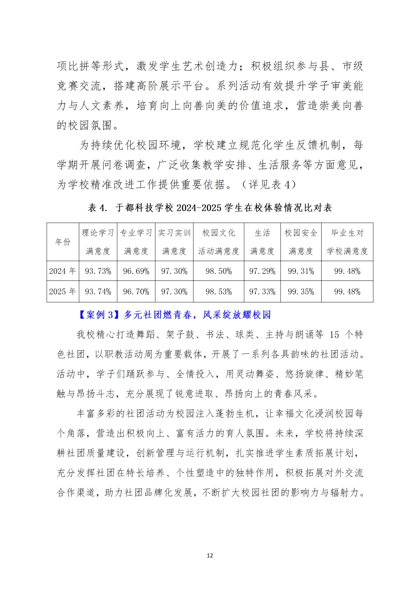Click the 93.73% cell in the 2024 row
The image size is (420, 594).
click(98, 271)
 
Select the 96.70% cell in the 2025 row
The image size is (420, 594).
click(136, 291)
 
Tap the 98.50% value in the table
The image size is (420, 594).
click(219, 271)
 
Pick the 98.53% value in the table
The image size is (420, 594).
click(219, 291)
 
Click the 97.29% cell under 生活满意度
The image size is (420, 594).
click(262, 271)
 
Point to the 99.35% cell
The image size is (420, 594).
click(301, 291)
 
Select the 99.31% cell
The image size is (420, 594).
click(301, 271)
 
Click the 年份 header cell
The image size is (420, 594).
click(63, 242)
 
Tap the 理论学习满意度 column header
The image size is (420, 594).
click(98, 242)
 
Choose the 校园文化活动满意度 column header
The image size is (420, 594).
click(219, 242)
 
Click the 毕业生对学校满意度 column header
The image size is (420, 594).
click(347, 242)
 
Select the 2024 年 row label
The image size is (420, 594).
click(63, 271)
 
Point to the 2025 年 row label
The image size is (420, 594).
click(63, 291)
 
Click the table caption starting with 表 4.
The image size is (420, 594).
click(210, 208)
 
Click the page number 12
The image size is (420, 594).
click(210, 555)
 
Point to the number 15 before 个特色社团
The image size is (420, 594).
click(334, 335)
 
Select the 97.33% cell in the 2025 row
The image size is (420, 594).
click(262, 291)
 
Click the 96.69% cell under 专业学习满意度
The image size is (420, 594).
click(136, 271)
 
